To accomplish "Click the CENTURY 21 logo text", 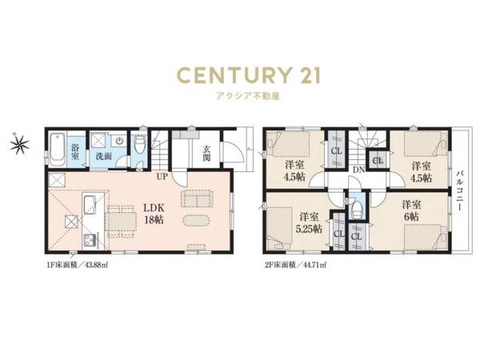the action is click(249, 75).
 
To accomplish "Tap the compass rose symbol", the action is click(19, 143).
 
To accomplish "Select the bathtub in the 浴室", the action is click(58, 150).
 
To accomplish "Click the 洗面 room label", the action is click(103, 156).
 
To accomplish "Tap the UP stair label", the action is click(162, 177).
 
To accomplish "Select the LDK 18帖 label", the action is click(154, 214).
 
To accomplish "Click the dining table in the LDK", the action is click(121, 222).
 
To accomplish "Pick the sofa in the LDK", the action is click(198, 199).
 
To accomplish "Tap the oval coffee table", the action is click(197, 221).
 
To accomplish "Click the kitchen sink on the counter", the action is click(90, 204).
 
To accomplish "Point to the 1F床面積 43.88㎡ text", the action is click(77, 265).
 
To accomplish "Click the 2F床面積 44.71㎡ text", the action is click(295, 265).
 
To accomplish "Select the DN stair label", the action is click(358, 170).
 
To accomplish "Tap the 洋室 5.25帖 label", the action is click(309, 222).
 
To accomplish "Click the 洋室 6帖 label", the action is click(411, 210).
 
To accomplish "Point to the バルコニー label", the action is click(459, 190).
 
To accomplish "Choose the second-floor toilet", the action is click(356, 210).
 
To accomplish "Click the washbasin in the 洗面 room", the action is click(119, 141).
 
